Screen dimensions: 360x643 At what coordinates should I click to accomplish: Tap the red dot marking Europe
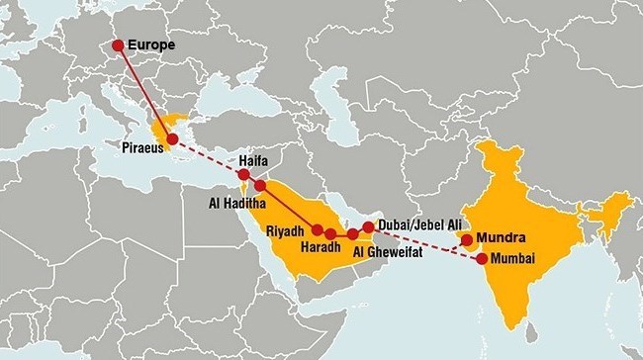pyautogui.click(x=119, y=45)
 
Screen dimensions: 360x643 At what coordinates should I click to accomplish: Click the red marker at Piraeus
pyautogui.click(x=173, y=141)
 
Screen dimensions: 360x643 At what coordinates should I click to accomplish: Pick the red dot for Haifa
pyautogui.click(x=244, y=175)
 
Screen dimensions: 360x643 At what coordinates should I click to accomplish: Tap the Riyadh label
pyautogui.click(x=286, y=230)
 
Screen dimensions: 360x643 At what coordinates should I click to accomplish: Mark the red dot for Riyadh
pyautogui.click(x=317, y=229)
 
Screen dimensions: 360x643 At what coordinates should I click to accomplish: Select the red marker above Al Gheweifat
pyautogui.click(x=352, y=233)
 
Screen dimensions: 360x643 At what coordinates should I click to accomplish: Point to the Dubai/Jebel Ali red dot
pyautogui.click(x=369, y=226)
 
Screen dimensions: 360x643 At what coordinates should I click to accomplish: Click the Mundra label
pyautogui.click(x=501, y=237)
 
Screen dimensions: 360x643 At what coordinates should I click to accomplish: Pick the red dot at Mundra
pyautogui.click(x=467, y=239)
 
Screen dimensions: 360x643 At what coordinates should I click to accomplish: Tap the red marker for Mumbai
pyautogui.click(x=482, y=259)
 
